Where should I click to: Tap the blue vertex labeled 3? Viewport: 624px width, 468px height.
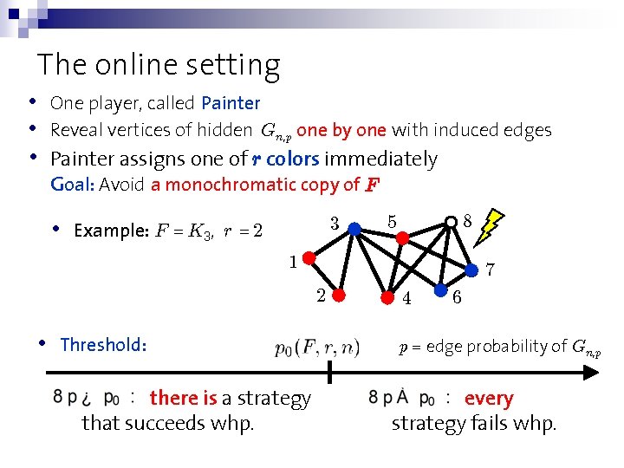tap(354, 228)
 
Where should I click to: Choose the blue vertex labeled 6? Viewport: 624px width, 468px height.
tap(441, 290)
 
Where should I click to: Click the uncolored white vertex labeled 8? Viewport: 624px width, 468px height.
tap(452, 223)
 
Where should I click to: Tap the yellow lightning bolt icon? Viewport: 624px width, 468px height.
tap(491, 224)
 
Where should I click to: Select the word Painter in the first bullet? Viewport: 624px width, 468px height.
tap(231, 103)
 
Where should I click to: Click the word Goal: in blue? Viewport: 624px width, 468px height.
tap(73, 185)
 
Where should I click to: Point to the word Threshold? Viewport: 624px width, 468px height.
tap(103, 345)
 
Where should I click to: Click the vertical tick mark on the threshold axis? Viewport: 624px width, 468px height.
tap(329, 373)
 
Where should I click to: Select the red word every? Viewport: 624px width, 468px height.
tap(489, 399)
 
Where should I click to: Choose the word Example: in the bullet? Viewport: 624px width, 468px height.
tap(112, 231)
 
